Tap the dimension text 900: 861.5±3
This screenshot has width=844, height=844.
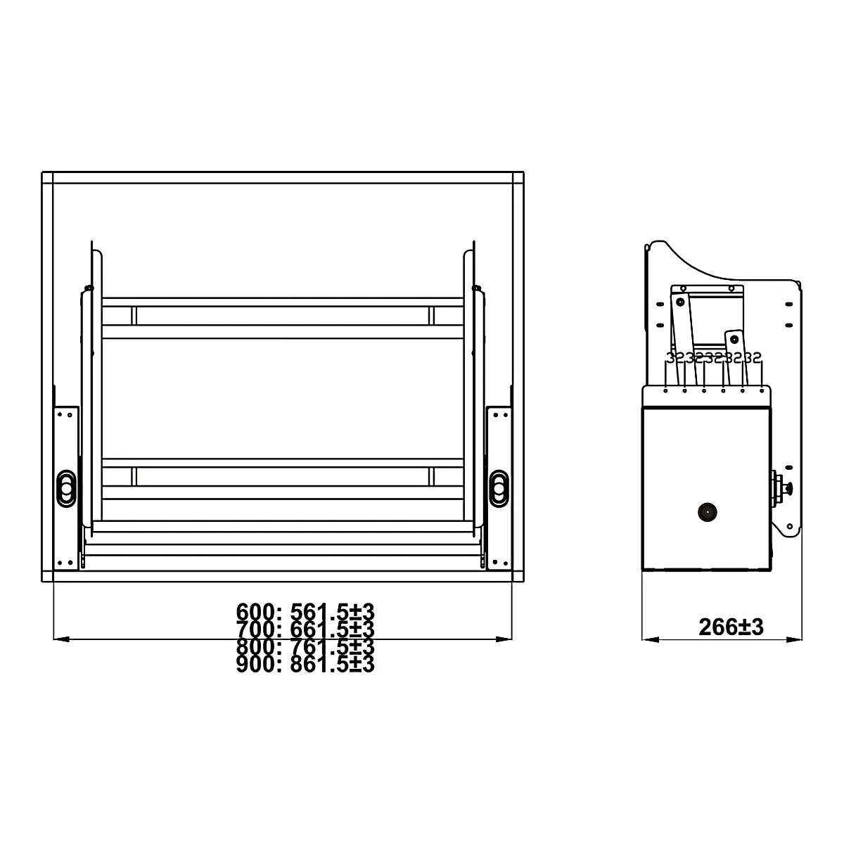tap(305, 664)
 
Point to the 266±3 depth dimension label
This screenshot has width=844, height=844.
tap(731, 627)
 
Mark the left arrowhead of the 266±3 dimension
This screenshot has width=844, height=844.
tap(649, 639)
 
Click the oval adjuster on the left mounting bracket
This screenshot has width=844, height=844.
tap(65, 487)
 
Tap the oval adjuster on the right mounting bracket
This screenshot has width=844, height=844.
tap(499, 487)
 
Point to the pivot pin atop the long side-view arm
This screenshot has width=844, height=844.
tap(679, 300)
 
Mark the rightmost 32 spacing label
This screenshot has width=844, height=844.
tap(753, 357)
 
